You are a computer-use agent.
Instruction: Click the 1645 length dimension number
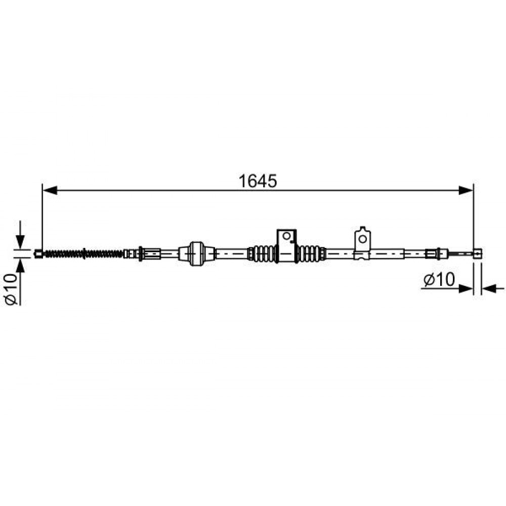click(x=258, y=181)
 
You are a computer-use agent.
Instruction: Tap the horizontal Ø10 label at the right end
click(x=439, y=279)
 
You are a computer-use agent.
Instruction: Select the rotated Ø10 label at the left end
click(x=11, y=289)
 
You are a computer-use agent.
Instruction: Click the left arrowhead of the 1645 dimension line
click(x=50, y=190)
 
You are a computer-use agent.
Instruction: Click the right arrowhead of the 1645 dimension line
click(x=466, y=190)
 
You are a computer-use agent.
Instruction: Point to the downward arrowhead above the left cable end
click(x=20, y=242)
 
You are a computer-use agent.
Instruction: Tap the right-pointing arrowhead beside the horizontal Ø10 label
click(x=466, y=288)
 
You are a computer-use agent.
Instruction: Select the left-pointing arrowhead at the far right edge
click(x=489, y=288)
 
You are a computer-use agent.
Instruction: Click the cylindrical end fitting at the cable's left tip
click(x=38, y=254)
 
